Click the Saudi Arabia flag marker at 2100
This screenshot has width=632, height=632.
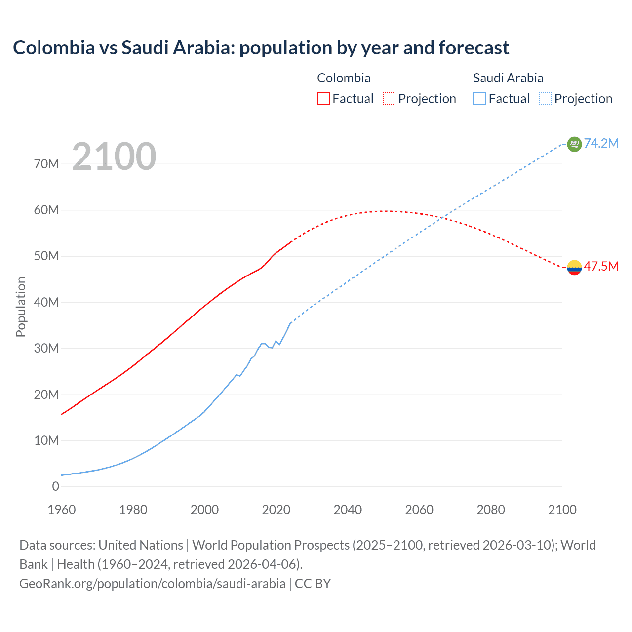click(574, 144)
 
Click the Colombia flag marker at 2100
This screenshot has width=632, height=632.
click(574, 267)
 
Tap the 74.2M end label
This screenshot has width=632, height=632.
click(601, 143)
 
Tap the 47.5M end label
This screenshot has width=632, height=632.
click(601, 266)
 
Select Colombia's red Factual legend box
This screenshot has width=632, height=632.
click(323, 98)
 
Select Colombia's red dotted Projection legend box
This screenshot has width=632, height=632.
click(389, 98)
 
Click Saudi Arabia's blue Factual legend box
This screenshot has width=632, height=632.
click(479, 98)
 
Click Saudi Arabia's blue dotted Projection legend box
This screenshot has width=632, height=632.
click(545, 98)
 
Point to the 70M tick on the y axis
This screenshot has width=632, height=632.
click(46, 164)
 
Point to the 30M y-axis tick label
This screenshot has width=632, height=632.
click(46, 348)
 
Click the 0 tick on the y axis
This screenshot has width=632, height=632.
click(55, 486)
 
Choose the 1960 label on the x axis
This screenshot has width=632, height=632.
click(62, 510)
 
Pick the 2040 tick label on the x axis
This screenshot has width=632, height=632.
click(348, 510)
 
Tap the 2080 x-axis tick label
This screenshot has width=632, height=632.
click(491, 510)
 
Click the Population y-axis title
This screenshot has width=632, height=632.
click(21, 307)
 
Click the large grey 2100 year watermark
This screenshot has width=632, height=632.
click(114, 157)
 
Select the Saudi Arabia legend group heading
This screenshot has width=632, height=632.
click(508, 78)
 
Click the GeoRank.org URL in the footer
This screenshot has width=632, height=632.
click(152, 583)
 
